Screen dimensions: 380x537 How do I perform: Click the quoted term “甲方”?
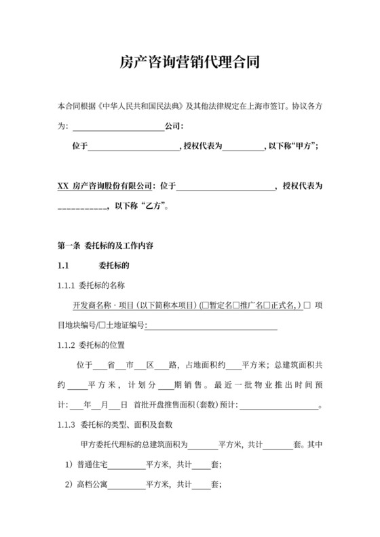click(x=303, y=146)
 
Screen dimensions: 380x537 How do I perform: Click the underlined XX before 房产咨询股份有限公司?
click(x=62, y=185)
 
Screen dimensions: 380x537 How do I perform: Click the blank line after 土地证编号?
click(x=211, y=326)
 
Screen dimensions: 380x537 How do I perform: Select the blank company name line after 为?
click(x=117, y=127)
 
